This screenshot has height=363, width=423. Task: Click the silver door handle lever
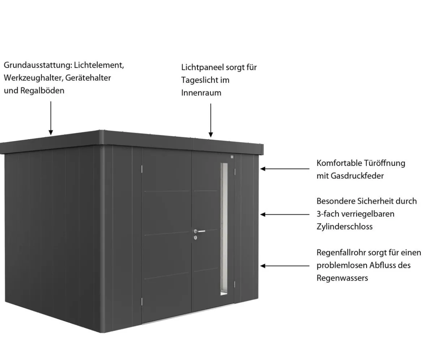200,231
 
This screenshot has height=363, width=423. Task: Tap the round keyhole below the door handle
196,238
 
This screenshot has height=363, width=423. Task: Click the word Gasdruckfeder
357,176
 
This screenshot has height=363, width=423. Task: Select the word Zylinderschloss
345,227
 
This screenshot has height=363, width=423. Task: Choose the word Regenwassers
342,278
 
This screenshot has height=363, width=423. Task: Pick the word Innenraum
201,93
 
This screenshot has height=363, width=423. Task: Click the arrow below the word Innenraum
211,120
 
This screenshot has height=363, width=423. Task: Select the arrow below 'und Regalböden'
51,118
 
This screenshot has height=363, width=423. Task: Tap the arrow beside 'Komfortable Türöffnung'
285,169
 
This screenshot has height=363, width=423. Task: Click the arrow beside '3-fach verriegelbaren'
285,214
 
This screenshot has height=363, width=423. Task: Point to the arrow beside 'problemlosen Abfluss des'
285,266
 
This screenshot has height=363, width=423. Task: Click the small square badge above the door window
232,157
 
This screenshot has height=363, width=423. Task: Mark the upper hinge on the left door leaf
142,169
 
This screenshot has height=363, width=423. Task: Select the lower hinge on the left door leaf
142,302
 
